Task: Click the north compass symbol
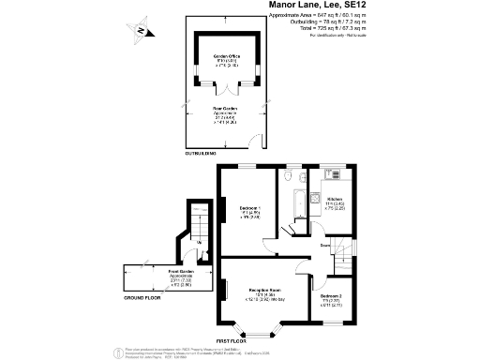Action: (x=140, y=30)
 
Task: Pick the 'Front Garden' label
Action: (x=155, y=276)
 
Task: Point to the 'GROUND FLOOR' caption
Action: (x=143, y=299)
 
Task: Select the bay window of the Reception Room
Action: (x=258, y=328)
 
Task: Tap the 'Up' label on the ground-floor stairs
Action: (x=200, y=242)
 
